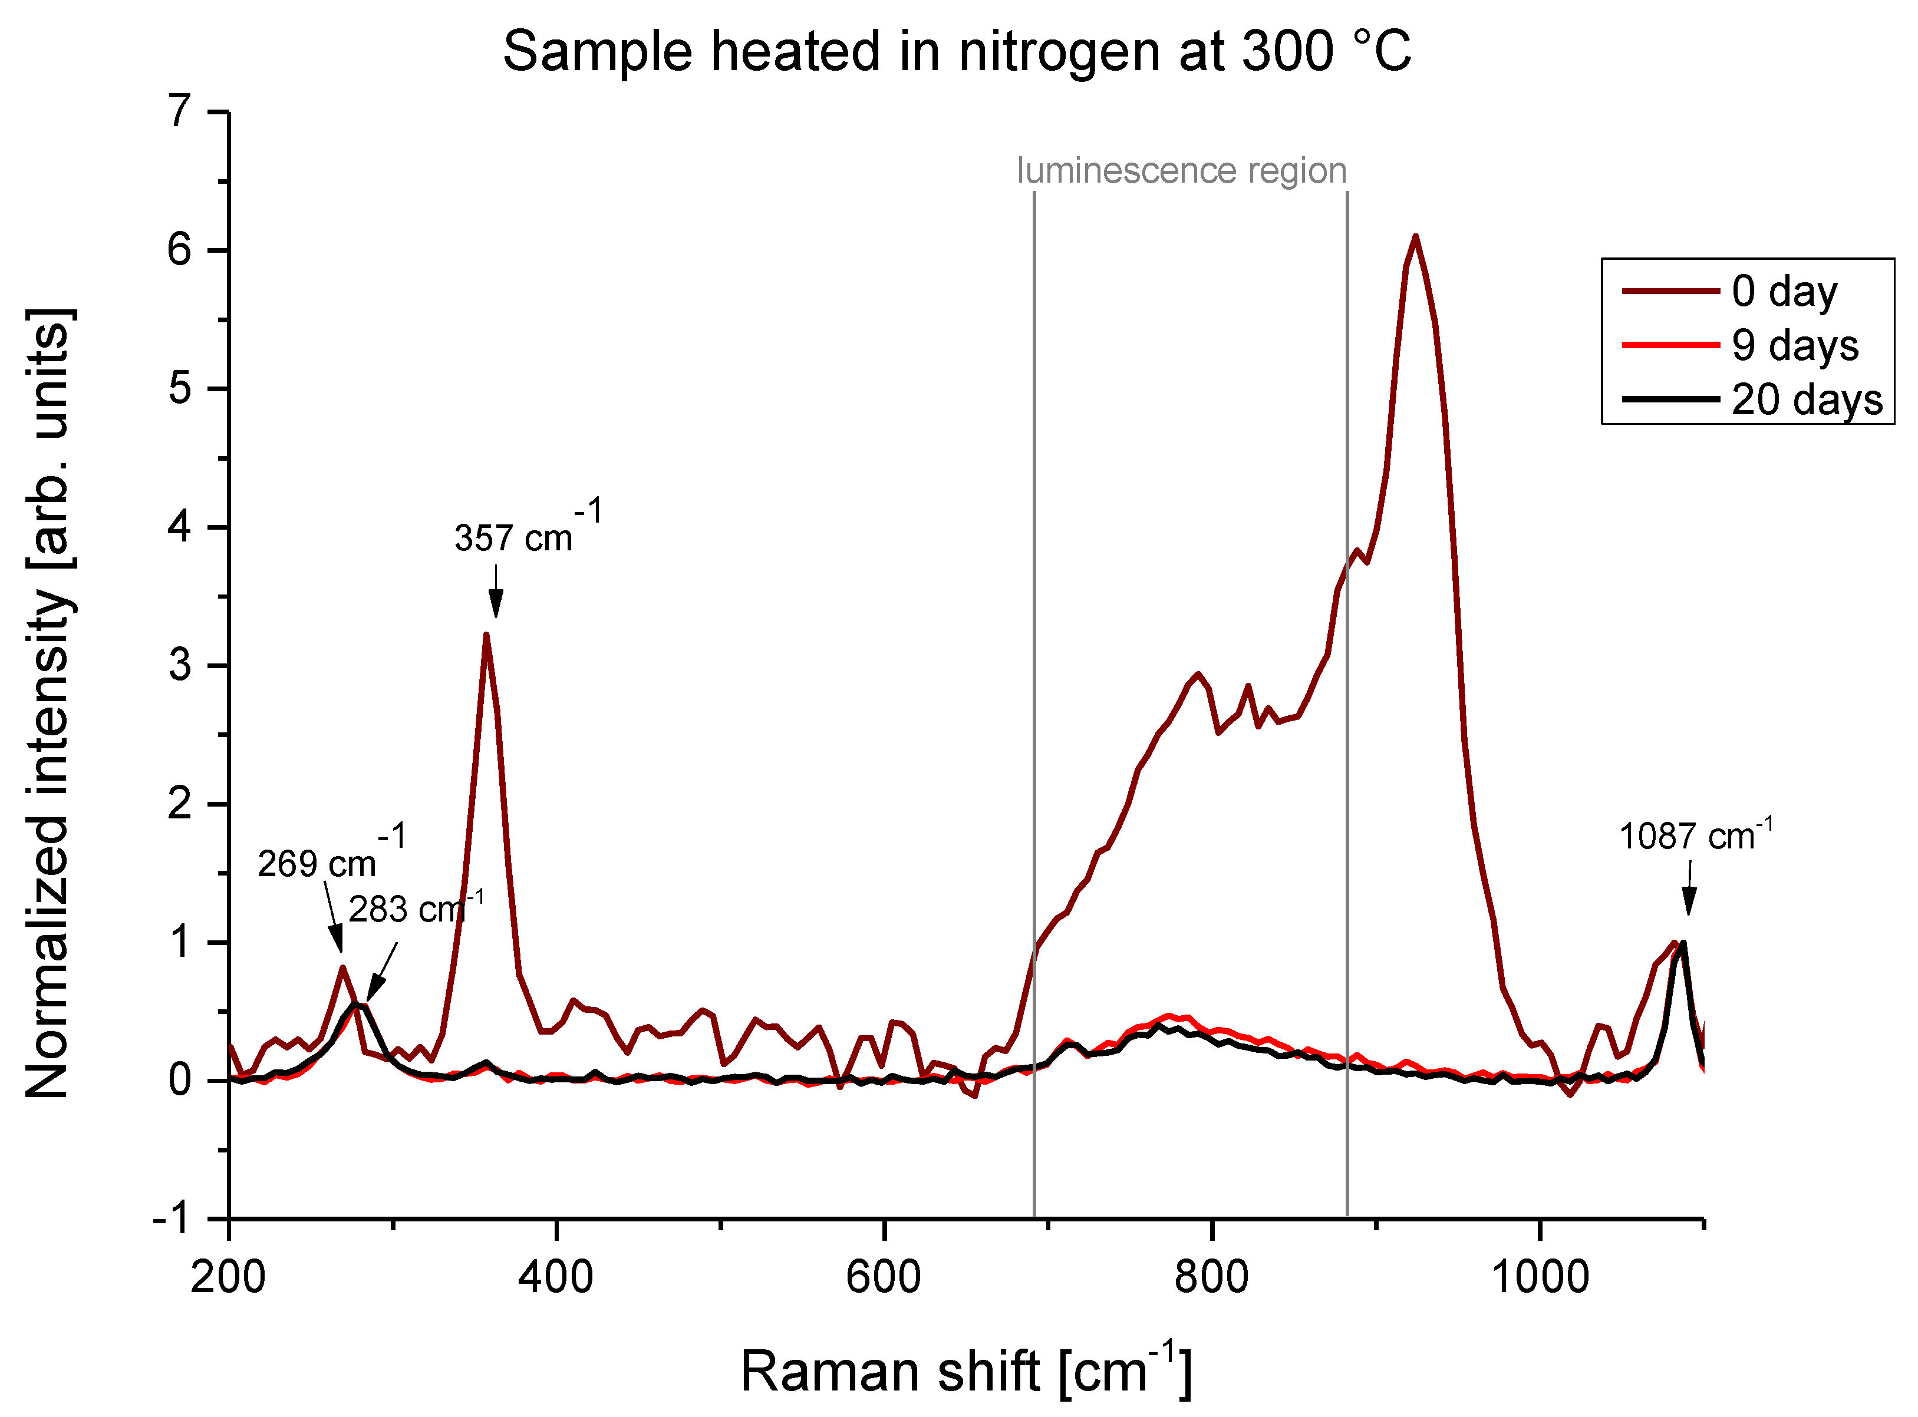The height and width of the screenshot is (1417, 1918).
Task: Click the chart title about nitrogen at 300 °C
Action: [x=956, y=51]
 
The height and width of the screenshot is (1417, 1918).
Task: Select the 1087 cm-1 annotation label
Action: [x=1694, y=836]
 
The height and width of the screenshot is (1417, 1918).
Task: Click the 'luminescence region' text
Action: [x=1181, y=171]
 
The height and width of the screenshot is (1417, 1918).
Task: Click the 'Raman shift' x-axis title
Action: [x=965, y=1370]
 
